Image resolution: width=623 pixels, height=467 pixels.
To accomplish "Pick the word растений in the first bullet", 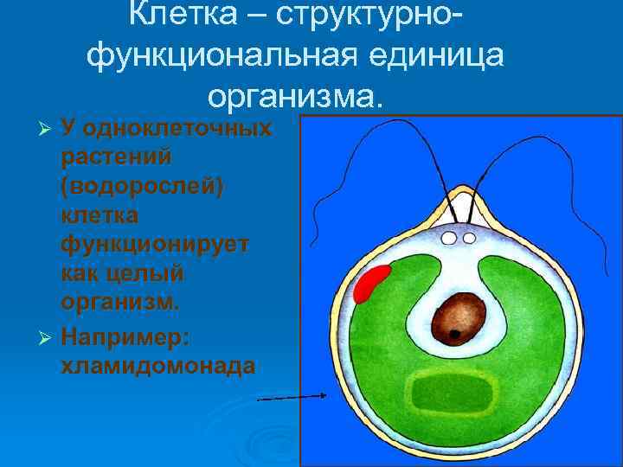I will (115, 158).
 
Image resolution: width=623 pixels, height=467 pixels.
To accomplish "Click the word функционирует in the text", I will (155, 246).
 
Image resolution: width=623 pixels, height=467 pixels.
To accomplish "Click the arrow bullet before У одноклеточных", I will (48, 130).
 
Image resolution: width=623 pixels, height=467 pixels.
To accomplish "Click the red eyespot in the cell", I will (369, 285).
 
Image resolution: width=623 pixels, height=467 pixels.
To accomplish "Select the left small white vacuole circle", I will (450, 237).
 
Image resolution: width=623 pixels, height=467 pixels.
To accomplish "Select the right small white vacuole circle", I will (469, 237).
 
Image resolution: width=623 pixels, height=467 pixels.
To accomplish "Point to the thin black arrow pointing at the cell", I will (292, 397).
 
